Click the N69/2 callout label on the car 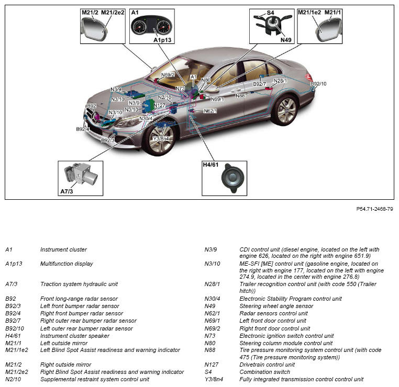(168, 75)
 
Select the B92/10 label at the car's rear (318, 84)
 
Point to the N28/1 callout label (280, 81)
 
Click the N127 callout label (160, 106)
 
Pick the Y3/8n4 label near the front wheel (161, 139)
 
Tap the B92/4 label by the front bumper (83, 129)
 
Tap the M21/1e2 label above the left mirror (309, 12)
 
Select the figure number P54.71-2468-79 (374, 208)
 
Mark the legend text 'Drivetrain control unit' (267, 365)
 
